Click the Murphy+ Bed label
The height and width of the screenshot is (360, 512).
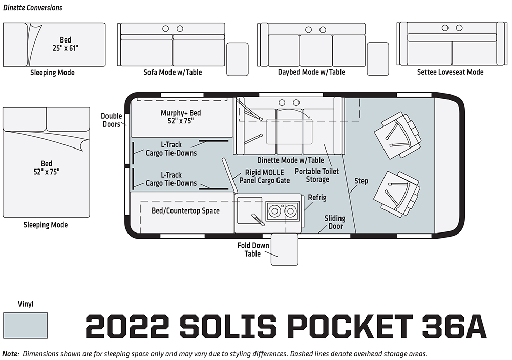[x=181, y=117]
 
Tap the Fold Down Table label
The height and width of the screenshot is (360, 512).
[x=253, y=249]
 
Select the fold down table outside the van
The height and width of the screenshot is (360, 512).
[x=284, y=249]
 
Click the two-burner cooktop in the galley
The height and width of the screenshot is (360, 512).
[x=282, y=211]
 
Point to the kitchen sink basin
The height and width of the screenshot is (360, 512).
[x=249, y=210]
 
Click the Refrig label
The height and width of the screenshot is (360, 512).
[x=317, y=197]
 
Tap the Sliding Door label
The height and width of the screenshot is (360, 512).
[x=335, y=222]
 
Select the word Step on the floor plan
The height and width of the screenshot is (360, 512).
[x=361, y=181]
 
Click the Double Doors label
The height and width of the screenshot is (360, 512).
[x=111, y=120]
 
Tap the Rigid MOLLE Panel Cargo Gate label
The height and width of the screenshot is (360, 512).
[x=265, y=176]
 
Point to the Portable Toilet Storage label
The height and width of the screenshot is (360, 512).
[x=317, y=175]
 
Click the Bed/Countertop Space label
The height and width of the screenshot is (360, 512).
[x=185, y=210]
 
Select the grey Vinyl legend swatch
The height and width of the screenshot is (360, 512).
[x=26, y=325]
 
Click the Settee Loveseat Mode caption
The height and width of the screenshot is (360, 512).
[x=450, y=72]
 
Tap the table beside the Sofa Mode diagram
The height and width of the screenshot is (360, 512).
[x=238, y=59]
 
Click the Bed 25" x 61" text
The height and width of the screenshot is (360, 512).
[x=66, y=44]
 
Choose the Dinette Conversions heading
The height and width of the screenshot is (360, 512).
[x=33, y=8]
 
